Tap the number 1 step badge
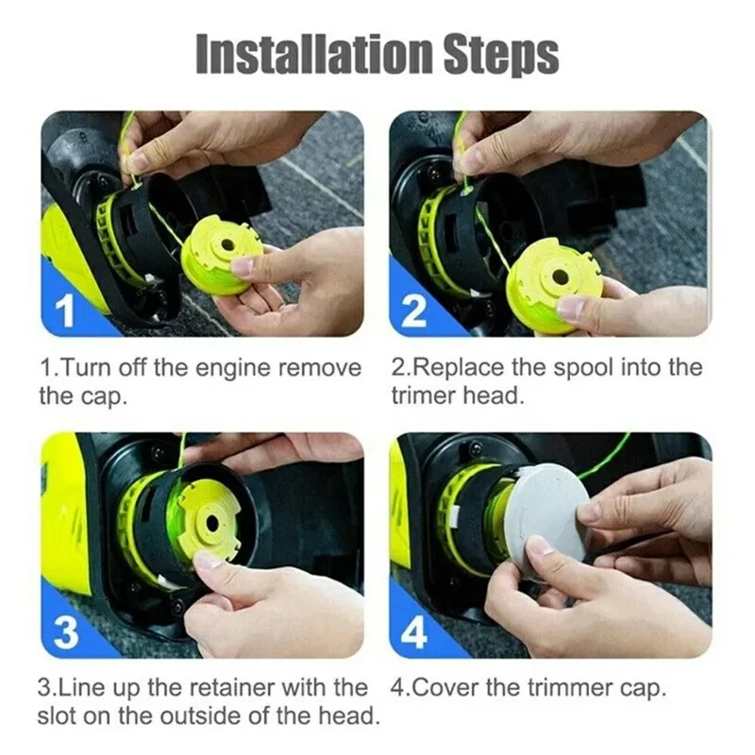(67, 312)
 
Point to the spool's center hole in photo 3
(210, 521)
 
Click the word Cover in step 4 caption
(449, 688)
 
